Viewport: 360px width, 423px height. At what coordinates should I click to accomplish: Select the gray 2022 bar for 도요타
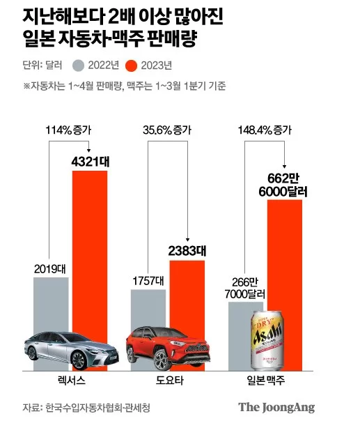tap(148, 310)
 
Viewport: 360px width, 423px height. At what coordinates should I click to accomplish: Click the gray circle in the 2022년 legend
tap(79, 66)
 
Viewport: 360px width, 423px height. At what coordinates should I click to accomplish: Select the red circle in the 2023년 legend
tap(131, 66)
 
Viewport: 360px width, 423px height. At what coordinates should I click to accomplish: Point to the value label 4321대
tap(91, 162)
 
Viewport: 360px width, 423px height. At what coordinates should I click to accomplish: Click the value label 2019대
tap(50, 269)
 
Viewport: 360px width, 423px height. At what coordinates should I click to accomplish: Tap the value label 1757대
tap(148, 282)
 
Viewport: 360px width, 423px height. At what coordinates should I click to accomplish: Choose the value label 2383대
tap(187, 251)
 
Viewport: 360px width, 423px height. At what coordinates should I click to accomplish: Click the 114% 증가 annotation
tap(68, 130)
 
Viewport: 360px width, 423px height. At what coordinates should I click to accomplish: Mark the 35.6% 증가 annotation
tap(167, 130)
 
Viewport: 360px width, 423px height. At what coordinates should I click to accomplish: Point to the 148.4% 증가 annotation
tap(265, 130)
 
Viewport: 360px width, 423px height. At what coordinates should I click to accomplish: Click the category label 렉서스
tap(72, 380)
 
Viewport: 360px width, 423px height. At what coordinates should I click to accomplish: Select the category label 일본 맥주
tap(266, 380)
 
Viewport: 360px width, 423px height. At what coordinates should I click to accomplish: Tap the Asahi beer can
tap(267, 341)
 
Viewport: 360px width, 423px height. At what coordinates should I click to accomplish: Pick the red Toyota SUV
tap(168, 348)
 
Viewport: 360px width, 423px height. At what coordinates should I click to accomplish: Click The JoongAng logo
tap(276, 408)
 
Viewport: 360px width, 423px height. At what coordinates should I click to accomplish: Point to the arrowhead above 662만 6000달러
tap(285, 167)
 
